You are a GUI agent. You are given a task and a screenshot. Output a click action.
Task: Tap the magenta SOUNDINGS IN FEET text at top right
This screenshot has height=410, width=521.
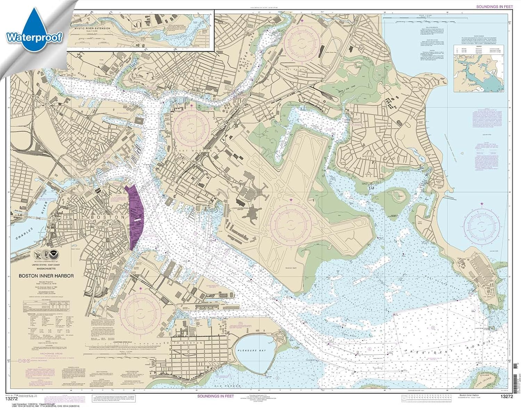click(x=495, y=7)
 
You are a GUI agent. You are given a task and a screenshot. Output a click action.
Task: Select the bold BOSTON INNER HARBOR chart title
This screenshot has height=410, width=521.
click(x=46, y=276)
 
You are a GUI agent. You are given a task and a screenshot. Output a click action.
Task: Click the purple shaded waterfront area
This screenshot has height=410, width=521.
click(x=136, y=217)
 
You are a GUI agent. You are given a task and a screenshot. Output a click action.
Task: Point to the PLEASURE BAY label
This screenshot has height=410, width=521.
click(x=252, y=351)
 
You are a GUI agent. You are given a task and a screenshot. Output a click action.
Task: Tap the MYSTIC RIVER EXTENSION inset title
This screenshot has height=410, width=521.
click(x=92, y=28)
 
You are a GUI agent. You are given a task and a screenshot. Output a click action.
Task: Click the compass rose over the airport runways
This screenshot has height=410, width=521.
click(x=291, y=223)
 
